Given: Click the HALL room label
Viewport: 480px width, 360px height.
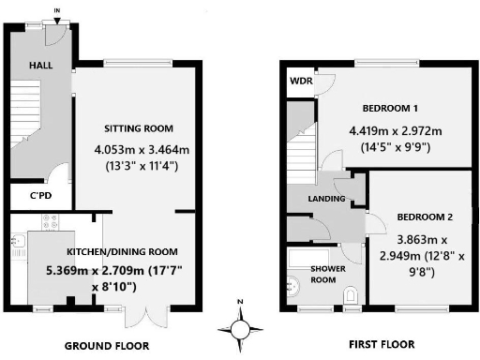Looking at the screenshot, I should point(40,67).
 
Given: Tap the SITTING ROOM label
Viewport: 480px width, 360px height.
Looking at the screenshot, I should point(139,127).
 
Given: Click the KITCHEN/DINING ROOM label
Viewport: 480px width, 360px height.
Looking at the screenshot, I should point(122,251).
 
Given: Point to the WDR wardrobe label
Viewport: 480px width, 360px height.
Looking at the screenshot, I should point(301,82).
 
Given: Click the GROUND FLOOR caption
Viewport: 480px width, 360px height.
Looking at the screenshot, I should point(106,346).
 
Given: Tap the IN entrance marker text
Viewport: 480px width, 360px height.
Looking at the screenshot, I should point(58,10).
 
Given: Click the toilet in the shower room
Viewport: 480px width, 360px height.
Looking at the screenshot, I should point(351,295).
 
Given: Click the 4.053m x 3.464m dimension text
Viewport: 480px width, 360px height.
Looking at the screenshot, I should point(139,148).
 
